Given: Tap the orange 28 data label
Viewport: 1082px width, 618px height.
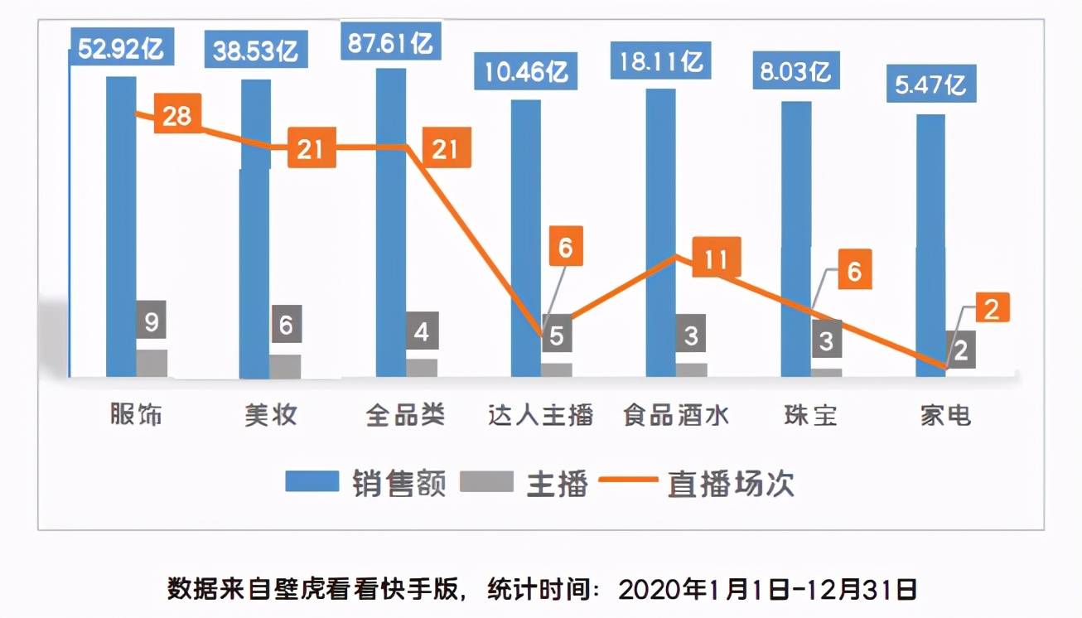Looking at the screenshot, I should click(x=176, y=116).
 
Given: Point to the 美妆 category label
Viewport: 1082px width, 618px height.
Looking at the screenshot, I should click(x=270, y=414).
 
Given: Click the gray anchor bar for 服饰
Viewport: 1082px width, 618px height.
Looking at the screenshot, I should click(x=152, y=364).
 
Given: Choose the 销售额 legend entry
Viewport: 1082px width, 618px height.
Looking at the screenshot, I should click(x=365, y=483).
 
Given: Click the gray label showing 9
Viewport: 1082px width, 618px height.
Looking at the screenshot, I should click(x=152, y=322).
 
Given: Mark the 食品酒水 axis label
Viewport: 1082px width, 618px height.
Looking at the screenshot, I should click(x=676, y=414).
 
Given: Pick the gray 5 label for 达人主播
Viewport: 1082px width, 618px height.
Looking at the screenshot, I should click(x=558, y=336).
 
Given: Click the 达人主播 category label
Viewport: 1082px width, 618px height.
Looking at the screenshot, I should click(x=540, y=414).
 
